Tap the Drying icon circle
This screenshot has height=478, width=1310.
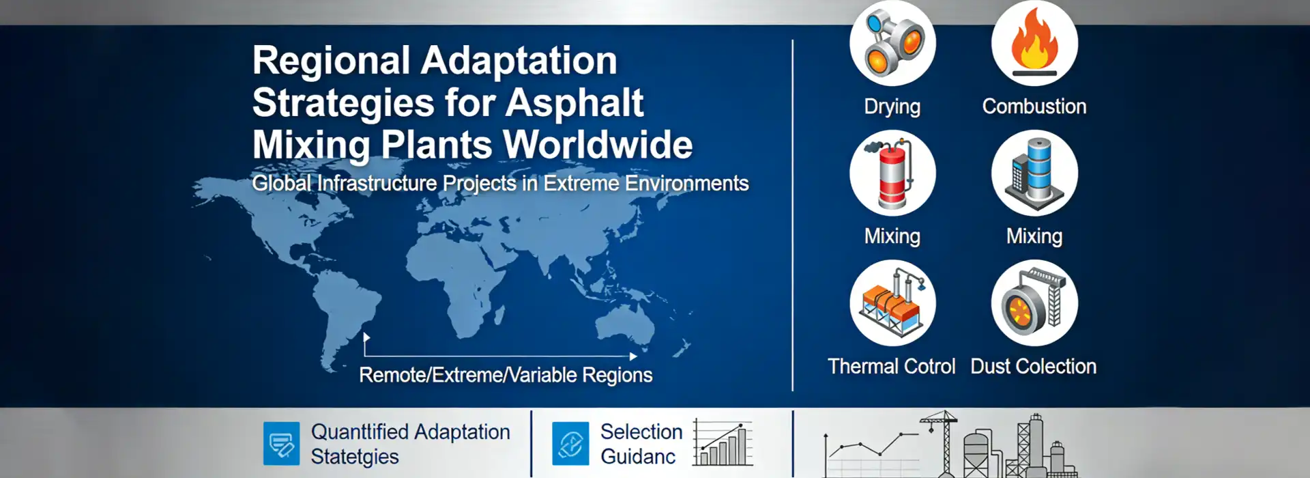tap(892, 43)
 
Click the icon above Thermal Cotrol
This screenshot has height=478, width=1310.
tap(892, 303)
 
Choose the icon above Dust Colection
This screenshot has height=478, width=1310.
tap(1034, 303)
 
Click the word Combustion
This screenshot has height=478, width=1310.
tap(1034, 107)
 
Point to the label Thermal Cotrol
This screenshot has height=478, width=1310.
tap(891, 367)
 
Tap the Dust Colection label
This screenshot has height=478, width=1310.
tap(1033, 367)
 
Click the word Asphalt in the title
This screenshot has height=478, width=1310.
tap(574, 103)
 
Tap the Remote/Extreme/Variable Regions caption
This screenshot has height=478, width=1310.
tap(506, 375)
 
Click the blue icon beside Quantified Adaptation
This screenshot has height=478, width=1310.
tap(281, 444)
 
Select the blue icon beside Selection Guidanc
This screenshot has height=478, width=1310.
tap(570, 444)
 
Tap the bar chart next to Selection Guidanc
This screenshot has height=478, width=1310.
tap(723, 444)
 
